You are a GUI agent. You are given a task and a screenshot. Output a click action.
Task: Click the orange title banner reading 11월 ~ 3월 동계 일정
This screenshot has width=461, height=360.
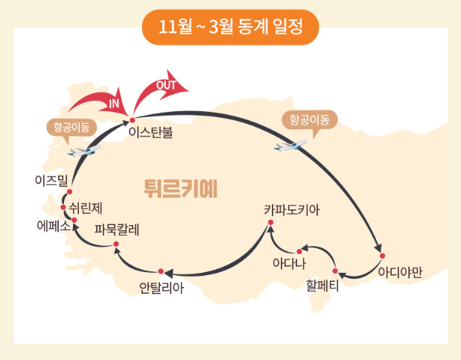(x=230, y=28)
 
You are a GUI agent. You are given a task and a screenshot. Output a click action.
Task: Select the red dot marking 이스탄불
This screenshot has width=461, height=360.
(x=132, y=120)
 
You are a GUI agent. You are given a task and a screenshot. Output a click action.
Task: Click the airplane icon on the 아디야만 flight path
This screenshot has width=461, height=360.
(x=290, y=145)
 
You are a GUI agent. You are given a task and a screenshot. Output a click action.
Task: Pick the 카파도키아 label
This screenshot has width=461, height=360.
(x=291, y=211)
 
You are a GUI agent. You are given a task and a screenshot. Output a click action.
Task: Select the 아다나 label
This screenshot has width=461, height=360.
(x=290, y=262)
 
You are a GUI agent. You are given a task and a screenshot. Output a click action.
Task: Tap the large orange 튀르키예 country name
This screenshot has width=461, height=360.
(x=180, y=186)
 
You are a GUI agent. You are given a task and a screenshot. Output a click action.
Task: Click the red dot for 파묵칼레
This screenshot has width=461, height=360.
(x=116, y=244)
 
